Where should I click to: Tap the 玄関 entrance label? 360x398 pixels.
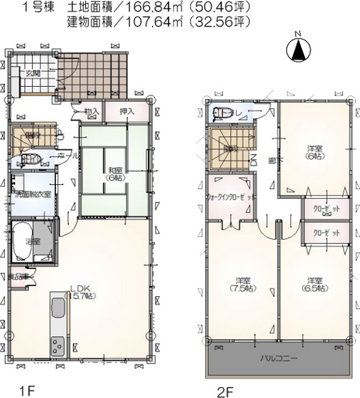point(34,72)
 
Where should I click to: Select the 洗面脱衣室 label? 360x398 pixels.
point(28,194)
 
